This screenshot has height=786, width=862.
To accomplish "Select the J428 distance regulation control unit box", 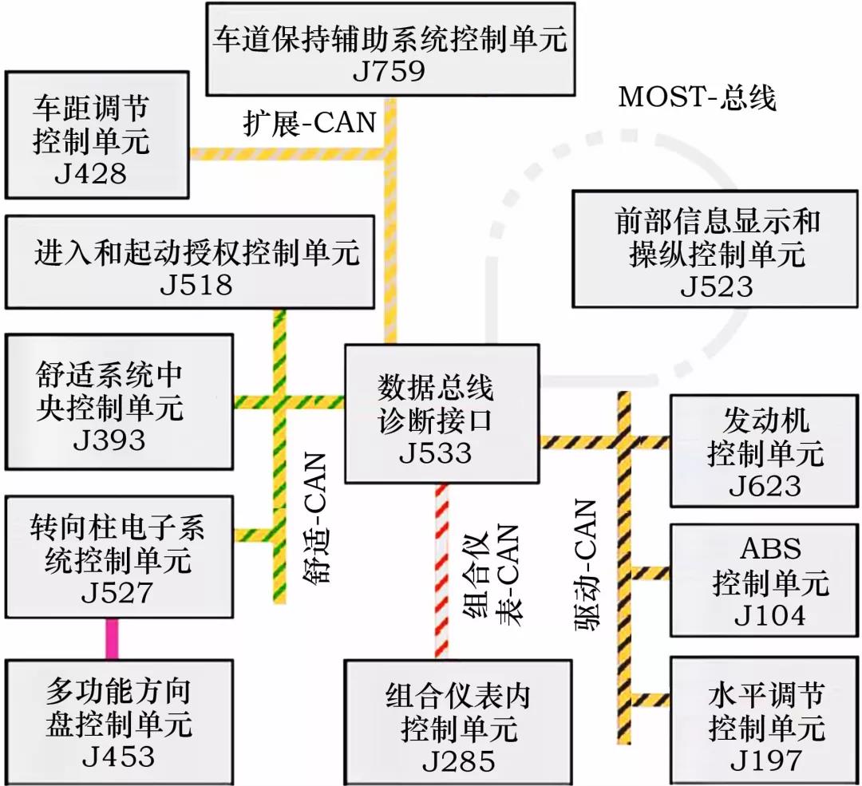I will [97, 135].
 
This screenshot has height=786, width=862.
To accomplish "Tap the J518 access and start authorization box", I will [189, 262].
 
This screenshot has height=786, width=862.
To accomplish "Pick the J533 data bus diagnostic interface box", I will [441, 413].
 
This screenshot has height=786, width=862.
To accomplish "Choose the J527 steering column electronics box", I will [119, 557].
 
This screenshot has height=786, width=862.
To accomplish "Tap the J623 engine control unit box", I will [765, 451].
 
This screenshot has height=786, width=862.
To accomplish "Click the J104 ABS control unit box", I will [765, 581].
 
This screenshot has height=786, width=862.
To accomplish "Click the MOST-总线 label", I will [697, 97].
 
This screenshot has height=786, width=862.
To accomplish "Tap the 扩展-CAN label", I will [310, 124].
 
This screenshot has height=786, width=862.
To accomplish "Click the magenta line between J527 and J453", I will [113, 638].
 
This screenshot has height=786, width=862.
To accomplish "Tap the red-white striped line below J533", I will [441, 571].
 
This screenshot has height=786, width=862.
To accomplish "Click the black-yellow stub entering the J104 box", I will [649, 573].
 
